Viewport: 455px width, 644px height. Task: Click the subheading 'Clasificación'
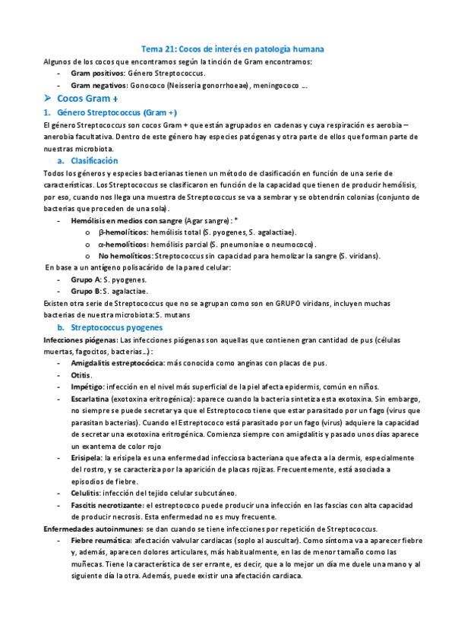pos(94,161)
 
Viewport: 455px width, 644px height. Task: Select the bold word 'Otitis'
pos(81,374)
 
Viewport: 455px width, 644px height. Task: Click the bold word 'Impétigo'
pos(87,387)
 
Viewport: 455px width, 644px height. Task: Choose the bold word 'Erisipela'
pos(87,458)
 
